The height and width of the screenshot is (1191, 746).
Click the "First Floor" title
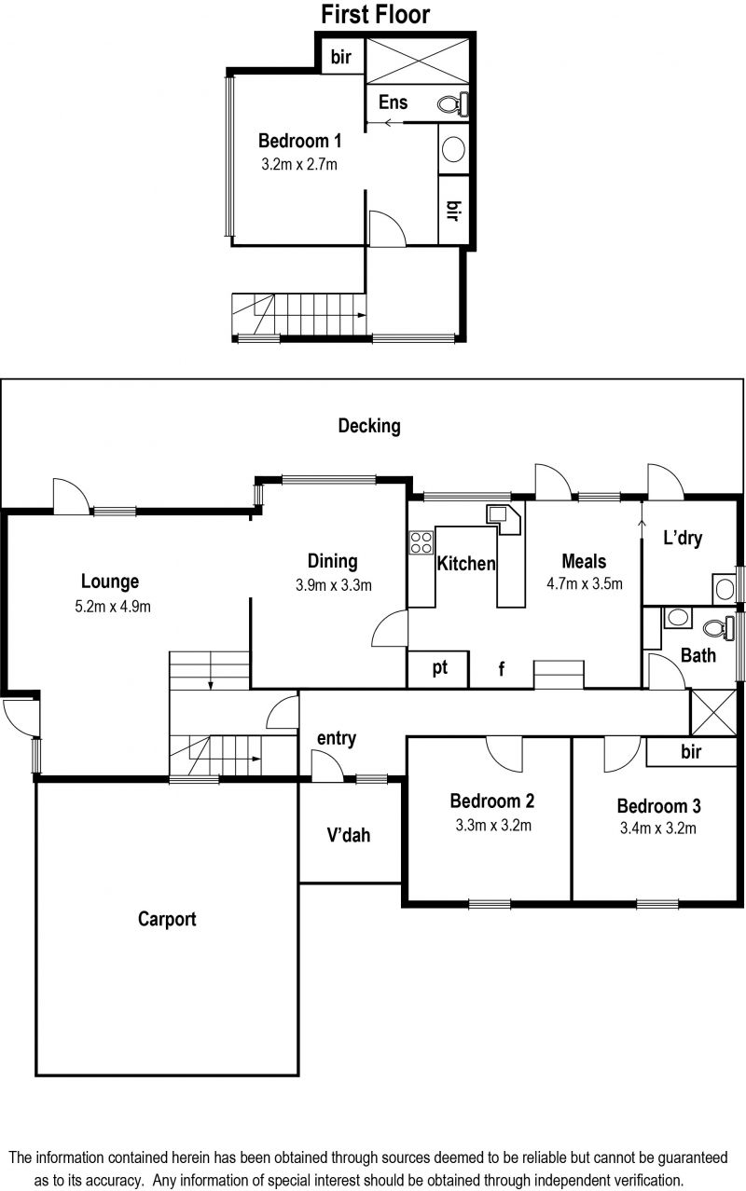(375, 14)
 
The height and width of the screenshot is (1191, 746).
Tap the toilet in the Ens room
(453, 103)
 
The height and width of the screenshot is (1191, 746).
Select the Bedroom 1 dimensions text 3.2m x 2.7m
(299, 164)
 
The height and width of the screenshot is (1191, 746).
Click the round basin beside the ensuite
(453, 149)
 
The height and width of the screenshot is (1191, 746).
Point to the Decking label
(369, 426)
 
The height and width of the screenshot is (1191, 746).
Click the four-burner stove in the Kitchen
(421, 543)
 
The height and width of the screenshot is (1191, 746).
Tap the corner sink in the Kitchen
(504, 519)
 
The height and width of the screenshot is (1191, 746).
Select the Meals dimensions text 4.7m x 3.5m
(585, 583)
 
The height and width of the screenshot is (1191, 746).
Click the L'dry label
(683, 538)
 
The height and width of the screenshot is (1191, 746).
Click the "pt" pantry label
(439, 668)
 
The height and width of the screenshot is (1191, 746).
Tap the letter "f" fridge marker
(502, 669)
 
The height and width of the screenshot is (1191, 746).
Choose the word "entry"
(337, 738)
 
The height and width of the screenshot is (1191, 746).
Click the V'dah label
(349, 835)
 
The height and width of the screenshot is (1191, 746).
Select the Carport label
(167, 919)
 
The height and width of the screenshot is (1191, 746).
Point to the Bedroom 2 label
(492, 801)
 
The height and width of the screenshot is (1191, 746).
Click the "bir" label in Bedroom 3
(691, 752)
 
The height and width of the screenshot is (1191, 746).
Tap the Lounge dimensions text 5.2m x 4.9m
(113, 607)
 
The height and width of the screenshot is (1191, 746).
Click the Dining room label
(333, 561)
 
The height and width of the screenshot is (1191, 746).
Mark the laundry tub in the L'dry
(725, 589)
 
